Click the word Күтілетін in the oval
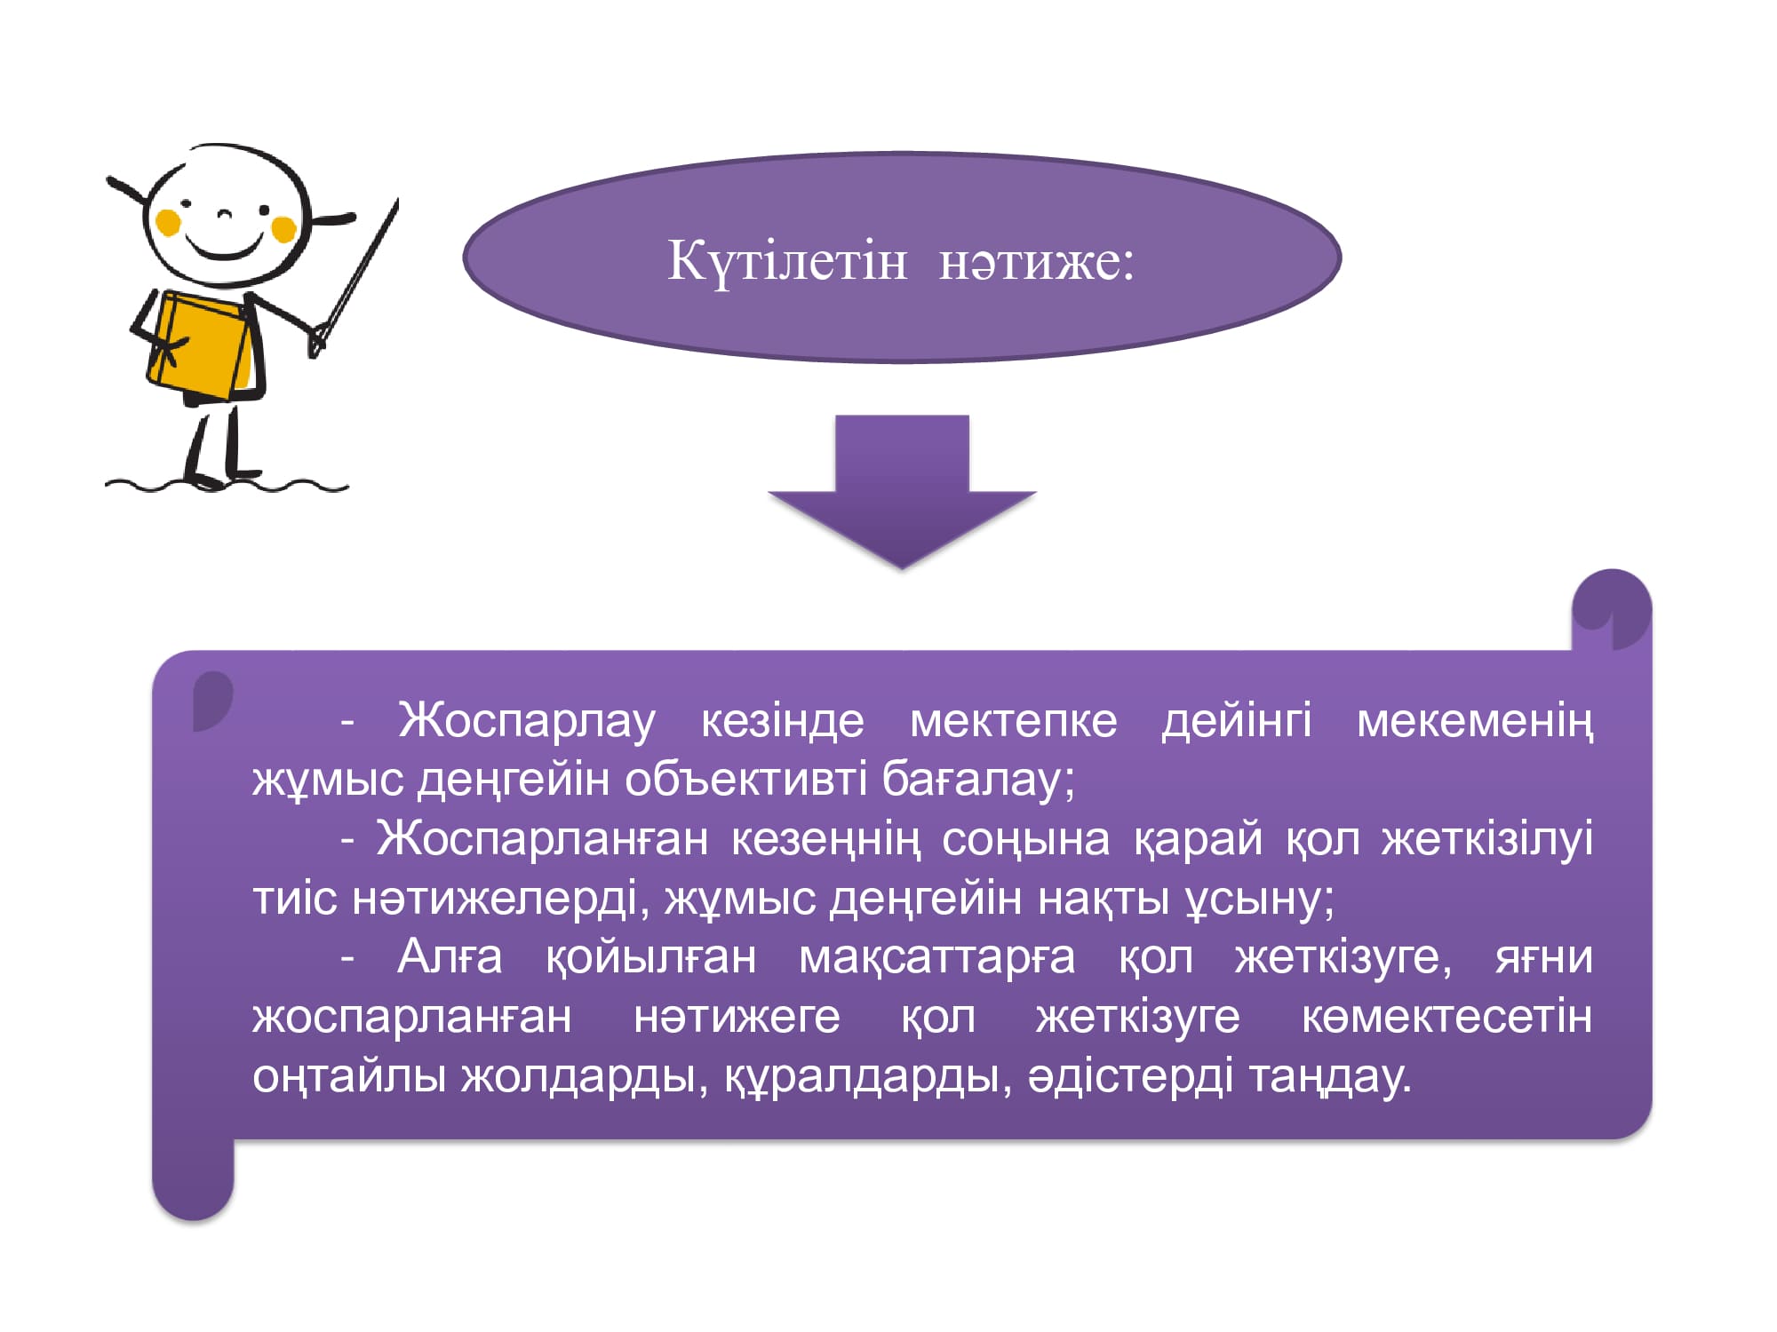(x=787, y=262)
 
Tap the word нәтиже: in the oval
(x=1037, y=262)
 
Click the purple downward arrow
(x=902, y=491)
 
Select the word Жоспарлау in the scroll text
(x=527, y=720)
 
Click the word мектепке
(x=1014, y=720)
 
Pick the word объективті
(x=746, y=780)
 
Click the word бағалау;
(x=978, y=780)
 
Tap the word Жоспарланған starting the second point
(x=542, y=839)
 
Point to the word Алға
(x=450, y=958)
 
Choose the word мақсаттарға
(x=937, y=958)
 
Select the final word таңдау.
(x=1330, y=1076)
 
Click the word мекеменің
(x=1475, y=720)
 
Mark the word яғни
(x=1544, y=958)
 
